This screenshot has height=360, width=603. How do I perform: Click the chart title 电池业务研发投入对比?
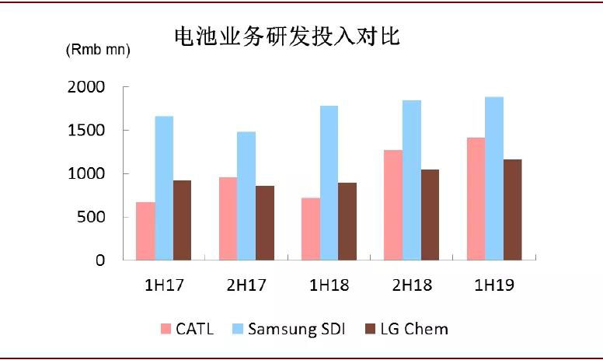[285, 37]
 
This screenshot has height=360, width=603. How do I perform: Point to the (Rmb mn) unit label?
[97, 50]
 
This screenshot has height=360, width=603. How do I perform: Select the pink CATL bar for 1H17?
[145, 231]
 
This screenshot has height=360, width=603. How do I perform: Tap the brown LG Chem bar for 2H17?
[265, 222]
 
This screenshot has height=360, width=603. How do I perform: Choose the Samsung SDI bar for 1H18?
[329, 183]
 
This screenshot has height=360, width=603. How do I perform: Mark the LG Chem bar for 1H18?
[347, 221]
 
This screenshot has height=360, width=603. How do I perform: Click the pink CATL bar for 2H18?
[392, 204]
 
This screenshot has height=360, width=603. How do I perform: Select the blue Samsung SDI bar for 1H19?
[494, 178]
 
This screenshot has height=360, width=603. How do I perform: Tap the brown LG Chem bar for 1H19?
[513, 209]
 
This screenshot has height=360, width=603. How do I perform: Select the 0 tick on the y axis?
[100, 260]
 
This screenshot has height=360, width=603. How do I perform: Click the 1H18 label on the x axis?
[329, 285]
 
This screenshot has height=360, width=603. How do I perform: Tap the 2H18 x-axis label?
[412, 285]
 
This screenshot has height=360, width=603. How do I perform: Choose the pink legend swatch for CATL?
[166, 329]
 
